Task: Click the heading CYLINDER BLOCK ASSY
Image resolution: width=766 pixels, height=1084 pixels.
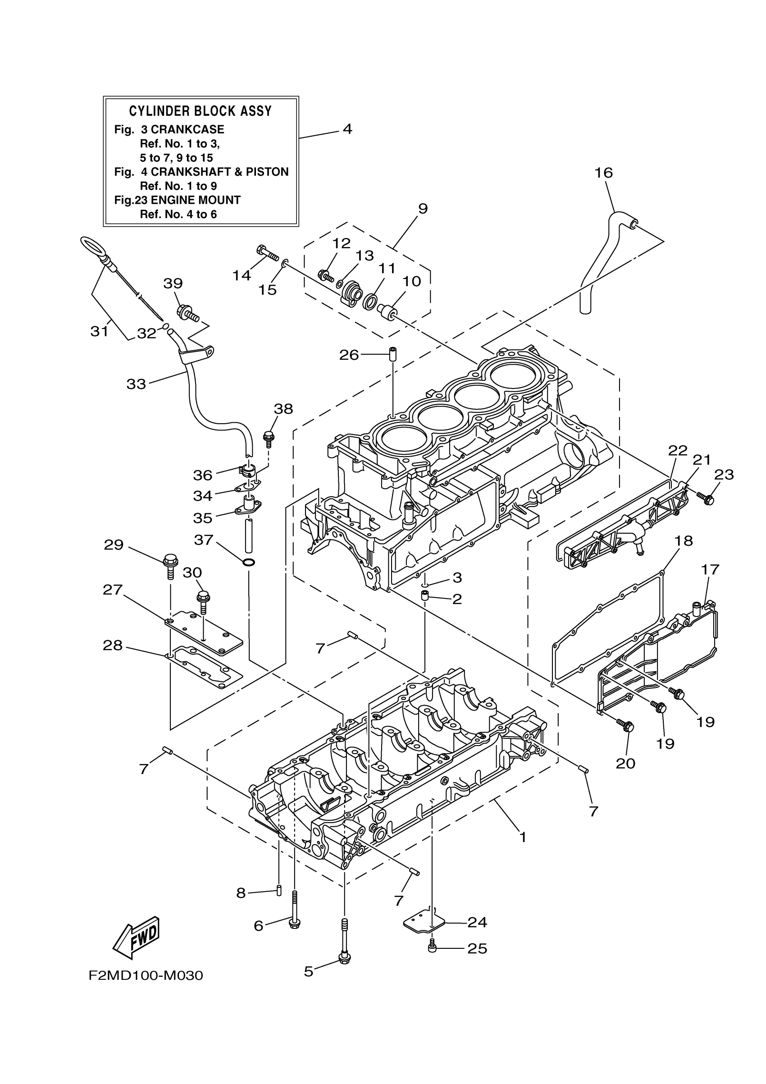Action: coord(201,111)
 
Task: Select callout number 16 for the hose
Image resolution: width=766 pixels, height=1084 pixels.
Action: coord(603,173)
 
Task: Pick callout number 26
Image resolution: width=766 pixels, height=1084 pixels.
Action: coord(349,355)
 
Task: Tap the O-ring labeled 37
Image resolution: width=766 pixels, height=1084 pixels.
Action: coord(249,562)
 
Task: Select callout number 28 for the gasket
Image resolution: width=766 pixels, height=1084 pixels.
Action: coord(112,645)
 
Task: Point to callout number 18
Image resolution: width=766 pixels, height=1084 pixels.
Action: coord(684,540)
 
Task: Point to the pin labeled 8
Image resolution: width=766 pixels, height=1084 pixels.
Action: coord(279,890)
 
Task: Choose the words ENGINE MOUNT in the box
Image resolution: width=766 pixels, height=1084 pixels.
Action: coord(196,200)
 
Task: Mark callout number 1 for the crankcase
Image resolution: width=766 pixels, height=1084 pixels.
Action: coord(523,837)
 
